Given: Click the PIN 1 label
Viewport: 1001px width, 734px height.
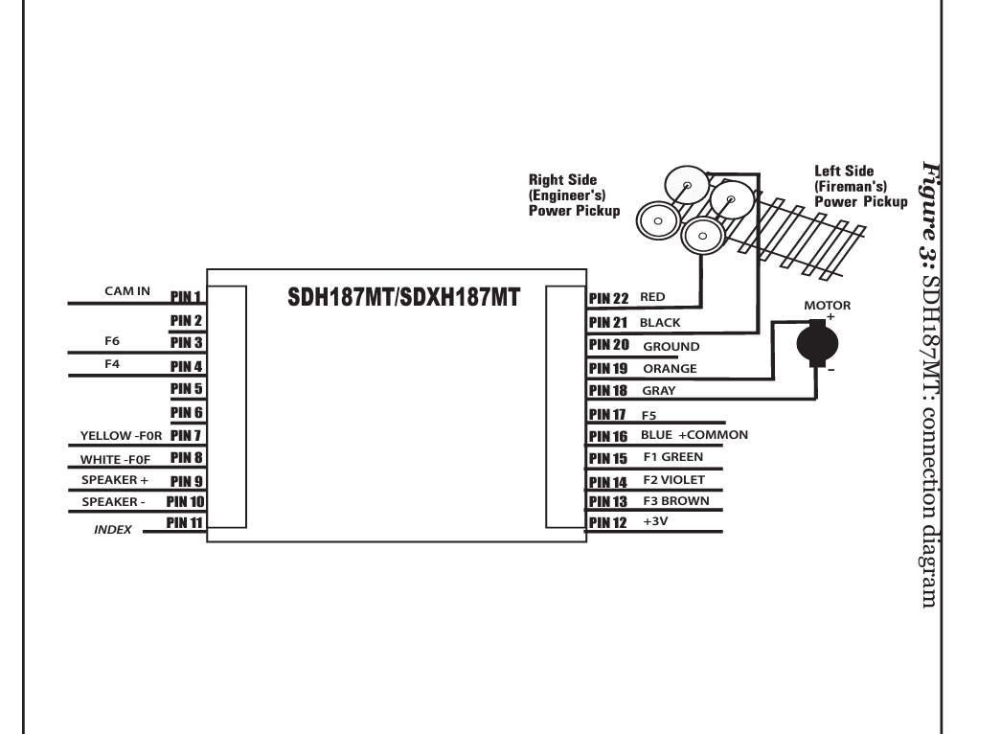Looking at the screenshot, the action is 186,296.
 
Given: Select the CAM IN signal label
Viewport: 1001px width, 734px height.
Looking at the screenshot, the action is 127,291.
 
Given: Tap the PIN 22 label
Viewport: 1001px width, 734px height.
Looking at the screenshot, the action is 608,298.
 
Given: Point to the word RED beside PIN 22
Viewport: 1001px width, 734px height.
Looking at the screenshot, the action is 652,297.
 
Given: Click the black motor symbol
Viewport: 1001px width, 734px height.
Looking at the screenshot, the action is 817,344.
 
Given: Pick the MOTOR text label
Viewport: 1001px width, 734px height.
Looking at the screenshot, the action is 828,306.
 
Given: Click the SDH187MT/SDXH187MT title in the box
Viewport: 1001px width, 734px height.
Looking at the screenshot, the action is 403,297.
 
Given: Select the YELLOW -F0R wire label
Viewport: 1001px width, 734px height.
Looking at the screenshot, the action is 122,436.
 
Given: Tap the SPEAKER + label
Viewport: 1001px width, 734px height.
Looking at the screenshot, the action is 115,480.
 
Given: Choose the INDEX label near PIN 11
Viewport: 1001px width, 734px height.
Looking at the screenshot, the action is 112,530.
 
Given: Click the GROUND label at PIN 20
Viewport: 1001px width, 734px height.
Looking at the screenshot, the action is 671,346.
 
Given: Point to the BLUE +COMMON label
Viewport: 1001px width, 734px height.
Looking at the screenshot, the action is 694,435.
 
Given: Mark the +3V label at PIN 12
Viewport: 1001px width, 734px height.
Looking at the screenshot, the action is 655,521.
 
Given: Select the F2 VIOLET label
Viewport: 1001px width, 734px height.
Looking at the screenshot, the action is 674,480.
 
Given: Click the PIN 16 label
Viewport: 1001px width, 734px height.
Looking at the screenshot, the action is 608,436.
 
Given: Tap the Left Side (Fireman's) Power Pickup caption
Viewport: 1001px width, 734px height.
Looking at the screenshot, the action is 860,187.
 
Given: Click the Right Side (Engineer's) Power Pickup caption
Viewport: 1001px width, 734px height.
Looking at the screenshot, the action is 574,195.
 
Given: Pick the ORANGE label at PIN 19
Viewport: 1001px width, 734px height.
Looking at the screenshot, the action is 670,369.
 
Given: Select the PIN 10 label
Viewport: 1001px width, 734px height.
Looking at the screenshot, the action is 185,501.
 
